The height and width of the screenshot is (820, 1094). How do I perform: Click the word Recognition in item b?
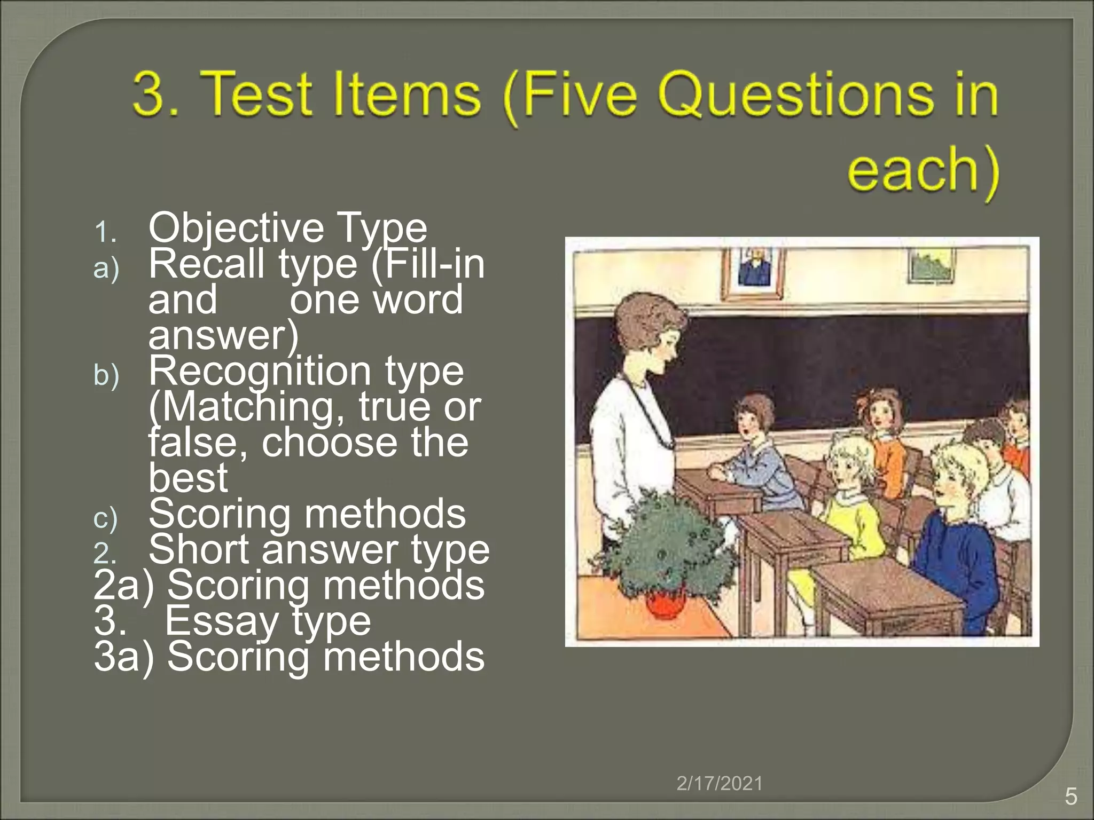pos(260,372)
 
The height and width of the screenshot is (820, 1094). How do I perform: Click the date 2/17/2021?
pos(719,784)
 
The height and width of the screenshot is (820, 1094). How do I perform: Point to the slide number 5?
pos(1070,797)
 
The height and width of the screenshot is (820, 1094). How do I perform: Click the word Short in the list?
pos(198,550)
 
